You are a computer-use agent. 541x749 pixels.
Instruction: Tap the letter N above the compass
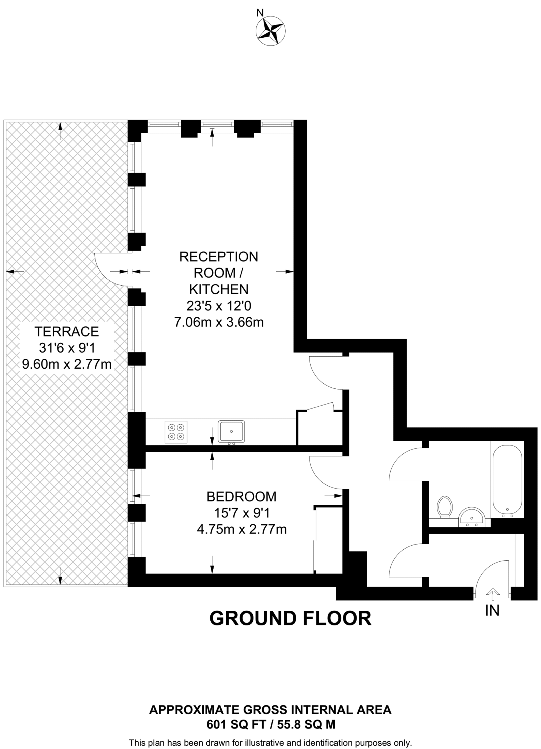pyautogui.click(x=260, y=13)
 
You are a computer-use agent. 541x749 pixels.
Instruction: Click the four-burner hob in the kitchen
pyautogui.click(x=176, y=432)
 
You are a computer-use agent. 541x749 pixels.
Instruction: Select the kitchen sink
pyautogui.click(x=231, y=432)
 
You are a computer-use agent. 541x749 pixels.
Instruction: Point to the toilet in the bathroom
pyautogui.click(x=445, y=507)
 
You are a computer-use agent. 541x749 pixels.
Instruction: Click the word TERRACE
pyautogui.click(x=67, y=331)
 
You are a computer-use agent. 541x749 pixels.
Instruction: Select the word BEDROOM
pyautogui.click(x=241, y=496)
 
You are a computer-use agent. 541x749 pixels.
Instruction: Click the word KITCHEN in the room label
pyautogui.click(x=219, y=289)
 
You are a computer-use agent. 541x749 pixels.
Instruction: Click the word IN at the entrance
pyautogui.click(x=492, y=610)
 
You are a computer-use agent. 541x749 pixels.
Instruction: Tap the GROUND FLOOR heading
pyautogui.click(x=290, y=618)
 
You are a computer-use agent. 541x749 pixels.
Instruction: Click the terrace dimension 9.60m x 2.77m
pyautogui.click(x=67, y=364)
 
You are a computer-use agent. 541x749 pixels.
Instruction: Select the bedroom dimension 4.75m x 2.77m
pyautogui.click(x=241, y=529)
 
